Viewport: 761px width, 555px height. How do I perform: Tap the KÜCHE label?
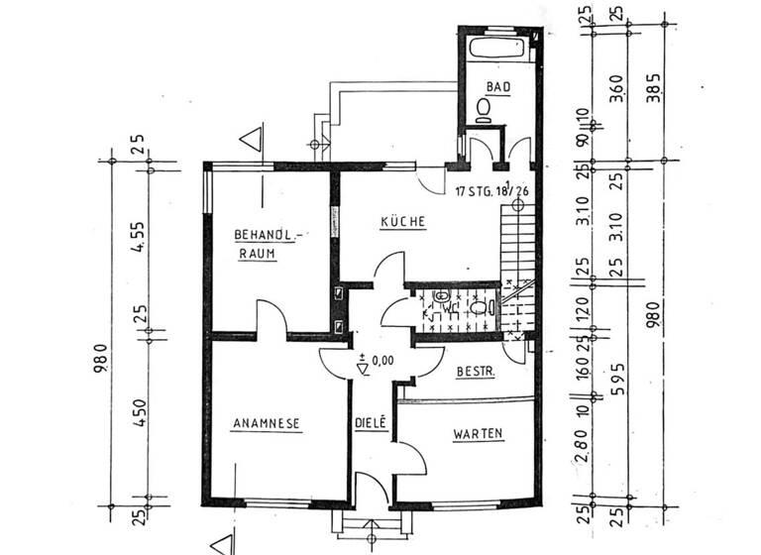[x=403, y=223]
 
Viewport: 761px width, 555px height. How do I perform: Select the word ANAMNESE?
[x=266, y=424]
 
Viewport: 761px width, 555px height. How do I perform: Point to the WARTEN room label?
[x=478, y=433]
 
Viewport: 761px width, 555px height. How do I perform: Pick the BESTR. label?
[x=475, y=372]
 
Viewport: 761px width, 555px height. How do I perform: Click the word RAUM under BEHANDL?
[x=255, y=254]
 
